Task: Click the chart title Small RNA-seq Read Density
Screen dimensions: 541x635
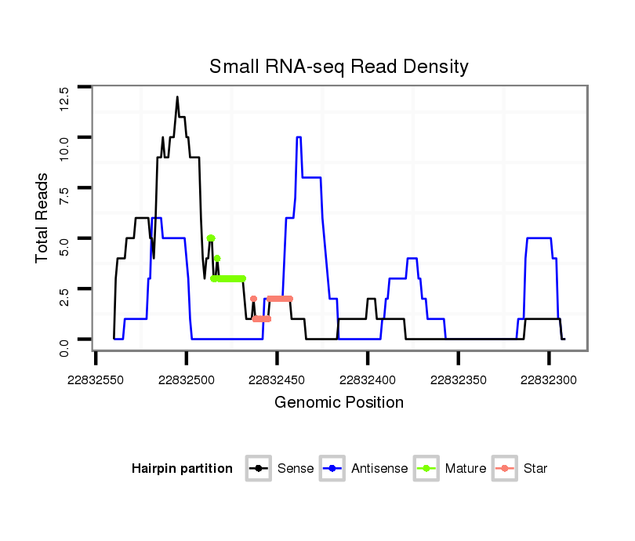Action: [x=339, y=67]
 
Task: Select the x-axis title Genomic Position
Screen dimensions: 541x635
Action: [x=339, y=403]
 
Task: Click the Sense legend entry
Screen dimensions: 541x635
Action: [x=295, y=469]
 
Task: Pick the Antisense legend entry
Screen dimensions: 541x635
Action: [x=379, y=469]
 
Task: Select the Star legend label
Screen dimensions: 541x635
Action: [x=535, y=469]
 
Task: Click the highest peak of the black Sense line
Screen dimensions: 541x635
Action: [x=177, y=97]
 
